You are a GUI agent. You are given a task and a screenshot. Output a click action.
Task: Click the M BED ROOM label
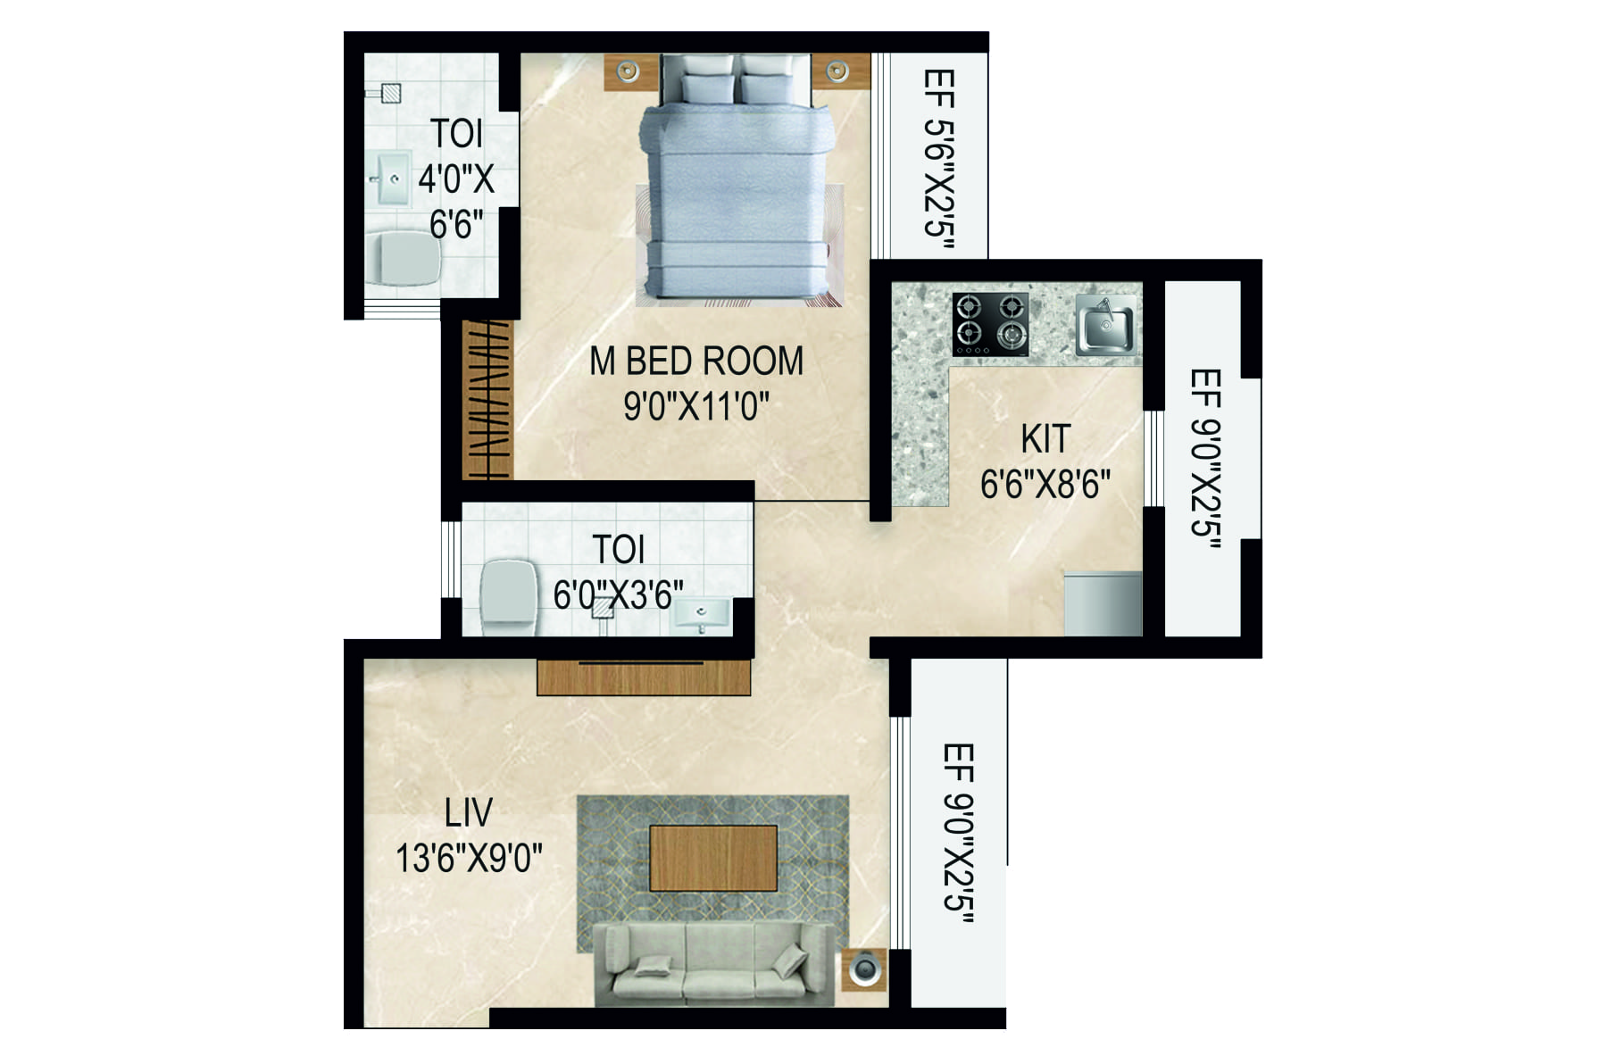pyautogui.click(x=696, y=362)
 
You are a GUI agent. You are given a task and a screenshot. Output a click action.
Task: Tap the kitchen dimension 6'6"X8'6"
pyautogui.click(x=1045, y=485)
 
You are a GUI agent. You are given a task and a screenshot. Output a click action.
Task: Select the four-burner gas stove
pyautogui.click(x=989, y=322)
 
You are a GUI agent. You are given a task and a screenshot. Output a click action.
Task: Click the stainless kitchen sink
pyautogui.click(x=1106, y=325)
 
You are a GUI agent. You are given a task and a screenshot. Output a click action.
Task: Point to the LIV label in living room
pyautogui.click(x=468, y=813)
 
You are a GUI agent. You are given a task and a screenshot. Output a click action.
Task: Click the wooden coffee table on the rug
pyautogui.click(x=712, y=858)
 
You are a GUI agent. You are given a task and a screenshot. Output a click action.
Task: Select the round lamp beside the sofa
pyautogui.click(x=864, y=969)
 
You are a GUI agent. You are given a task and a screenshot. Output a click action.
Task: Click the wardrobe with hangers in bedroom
pyautogui.click(x=487, y=398)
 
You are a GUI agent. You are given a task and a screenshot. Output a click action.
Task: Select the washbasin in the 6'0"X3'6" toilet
pyautogui.click(x=701, y=614)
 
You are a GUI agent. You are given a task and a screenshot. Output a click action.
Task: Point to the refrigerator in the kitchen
pyautogui.click(x=1103, y=603)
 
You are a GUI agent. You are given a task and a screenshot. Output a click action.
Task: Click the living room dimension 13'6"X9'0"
pyautogui.click(x=469, y=859)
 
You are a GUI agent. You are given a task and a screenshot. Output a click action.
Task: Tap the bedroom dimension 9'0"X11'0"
pyautogui.click(x=696, y=407)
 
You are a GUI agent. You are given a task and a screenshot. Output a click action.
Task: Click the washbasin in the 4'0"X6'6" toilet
pyautogui.click(x=391, y=179)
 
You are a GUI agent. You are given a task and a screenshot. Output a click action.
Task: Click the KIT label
pyautogui.click(x=1045, y=439)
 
